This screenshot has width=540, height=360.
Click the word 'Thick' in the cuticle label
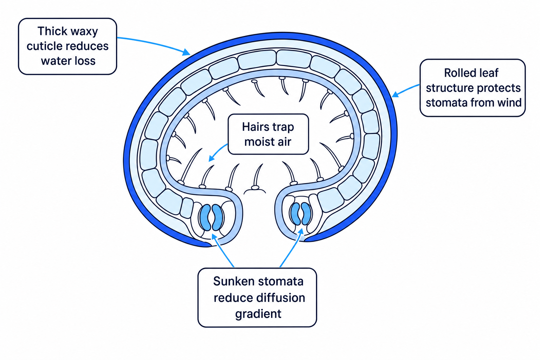[52, 31]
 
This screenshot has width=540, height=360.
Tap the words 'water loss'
[68, 61]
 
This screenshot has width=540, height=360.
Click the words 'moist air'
[268, 142]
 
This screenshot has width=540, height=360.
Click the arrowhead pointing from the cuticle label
[186, 52]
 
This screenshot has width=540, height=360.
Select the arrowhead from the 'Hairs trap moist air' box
[211, 158]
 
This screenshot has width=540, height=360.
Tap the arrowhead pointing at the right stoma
[301, 232]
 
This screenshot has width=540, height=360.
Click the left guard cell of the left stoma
[206, 217]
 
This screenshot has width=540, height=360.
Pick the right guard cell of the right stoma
[306, 214]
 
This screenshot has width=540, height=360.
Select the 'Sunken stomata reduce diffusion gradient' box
[257, 297]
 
